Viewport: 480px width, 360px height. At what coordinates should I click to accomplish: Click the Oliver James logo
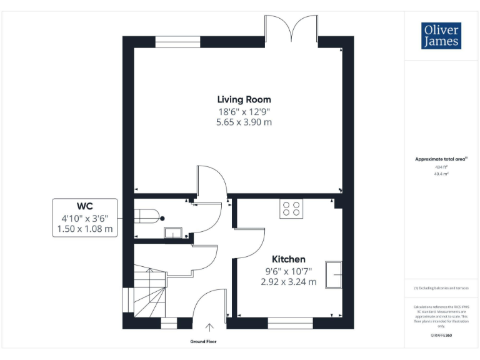coord(441,36)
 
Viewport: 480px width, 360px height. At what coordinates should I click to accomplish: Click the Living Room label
coord(244,99)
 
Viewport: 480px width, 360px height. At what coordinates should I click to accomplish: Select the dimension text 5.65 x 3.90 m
coord(244,122)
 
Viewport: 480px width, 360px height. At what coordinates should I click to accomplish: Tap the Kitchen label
coord(288,259)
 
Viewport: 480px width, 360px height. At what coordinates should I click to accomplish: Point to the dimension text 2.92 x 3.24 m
coord(288,282)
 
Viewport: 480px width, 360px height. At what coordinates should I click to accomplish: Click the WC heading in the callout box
coord(85,206)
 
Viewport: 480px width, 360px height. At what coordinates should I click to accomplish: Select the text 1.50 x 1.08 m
coord(85,229)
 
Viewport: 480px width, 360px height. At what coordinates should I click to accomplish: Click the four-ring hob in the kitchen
coord(291,208)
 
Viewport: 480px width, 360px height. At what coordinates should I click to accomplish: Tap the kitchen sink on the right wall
coord(333,274)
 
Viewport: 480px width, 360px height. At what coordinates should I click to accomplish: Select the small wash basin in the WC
coord(172,233)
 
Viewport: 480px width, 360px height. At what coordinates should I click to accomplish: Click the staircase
coord(149,291)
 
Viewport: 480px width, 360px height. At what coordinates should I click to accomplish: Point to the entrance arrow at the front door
coord(209,326)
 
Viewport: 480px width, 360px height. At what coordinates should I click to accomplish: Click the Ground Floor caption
coord(204,342)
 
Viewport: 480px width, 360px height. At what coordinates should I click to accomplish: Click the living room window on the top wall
coord(177,41)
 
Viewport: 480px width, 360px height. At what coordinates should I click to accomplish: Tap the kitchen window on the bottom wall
coord(290,323)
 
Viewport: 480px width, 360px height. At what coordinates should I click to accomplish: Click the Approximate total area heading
coord(441,159)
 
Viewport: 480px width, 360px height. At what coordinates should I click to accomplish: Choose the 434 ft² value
coord(441,167)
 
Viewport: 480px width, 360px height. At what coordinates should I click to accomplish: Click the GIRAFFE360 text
coord(441,336)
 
